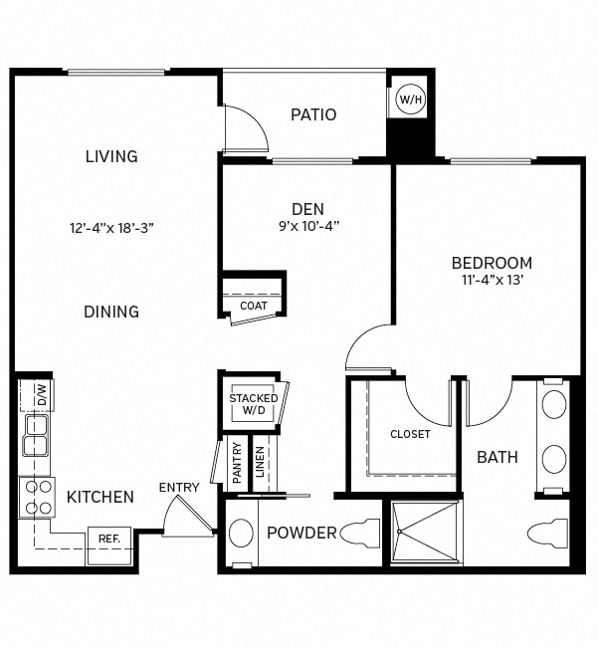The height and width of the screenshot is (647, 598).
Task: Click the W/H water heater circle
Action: pyautogui.click(x=409, y=99)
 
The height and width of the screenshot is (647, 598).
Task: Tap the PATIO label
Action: pyautogui.click(x=313, y=114)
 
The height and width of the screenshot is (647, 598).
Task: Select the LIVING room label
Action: pyautogui.click(x=111, y=156)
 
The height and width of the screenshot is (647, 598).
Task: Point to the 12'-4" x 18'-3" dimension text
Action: pyautogui.click(x=111, y=227)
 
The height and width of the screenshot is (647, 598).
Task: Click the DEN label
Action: pyautogui.click(x=306, y=208)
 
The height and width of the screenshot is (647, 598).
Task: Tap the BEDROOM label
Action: pyautogui.click(x=492, y=263)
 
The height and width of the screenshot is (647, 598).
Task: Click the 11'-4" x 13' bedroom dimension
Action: pyautogui.click(x=492, y=281)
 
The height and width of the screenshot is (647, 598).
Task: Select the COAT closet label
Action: pyautogui.click(x=254, y=306)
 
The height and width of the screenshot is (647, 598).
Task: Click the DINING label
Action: pyautogui.click(x=111, y=312)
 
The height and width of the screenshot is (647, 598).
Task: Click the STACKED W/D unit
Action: pyautogui.click(x=254, y=403)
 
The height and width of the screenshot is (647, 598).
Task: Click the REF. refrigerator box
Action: pyautogui.click(x=108, y=539)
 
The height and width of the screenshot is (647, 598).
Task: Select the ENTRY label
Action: pyautogui.click(x=179, y=488)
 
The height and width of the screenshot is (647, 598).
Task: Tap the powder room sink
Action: pyautogui.click(x=241, y=534)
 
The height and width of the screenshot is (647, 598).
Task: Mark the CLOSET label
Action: pyautogui.click(x=410, y=434)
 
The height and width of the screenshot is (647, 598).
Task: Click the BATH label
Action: pyautogui.click(x=498, y=458)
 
